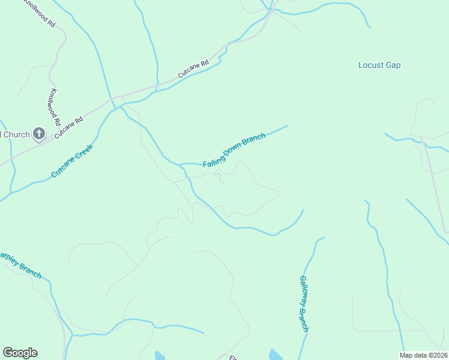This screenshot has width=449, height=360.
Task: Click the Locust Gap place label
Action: pyautogui.click(x=379, y=65)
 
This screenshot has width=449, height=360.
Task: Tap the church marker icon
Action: pyautogui.click(x=39, y=134)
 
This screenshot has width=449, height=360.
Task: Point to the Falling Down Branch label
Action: pyautogui.click(x=234, y=151)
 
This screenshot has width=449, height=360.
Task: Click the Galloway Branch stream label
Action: pyautogui.click(x=304, y=304)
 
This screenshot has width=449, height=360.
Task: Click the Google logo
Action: pyautogui.click(x=20, y=353)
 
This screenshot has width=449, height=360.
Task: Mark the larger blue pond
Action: pyautogui.click(x=276, y=355)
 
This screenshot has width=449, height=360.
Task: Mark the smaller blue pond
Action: pyautogui.click(x=159, y=356)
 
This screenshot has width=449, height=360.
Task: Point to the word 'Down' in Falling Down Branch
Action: pyautogui.click(x=233, y=151)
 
